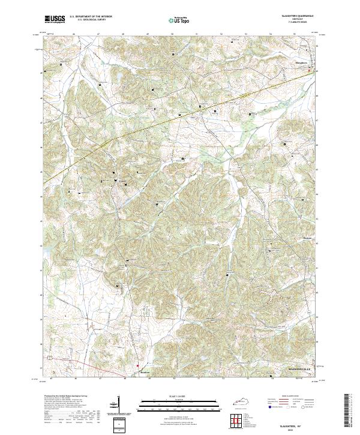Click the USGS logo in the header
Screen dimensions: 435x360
click(x=55, y=19)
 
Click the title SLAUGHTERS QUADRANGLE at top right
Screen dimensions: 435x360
click(x=296, y=16)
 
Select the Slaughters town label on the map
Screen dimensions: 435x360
click(x=301, y=62)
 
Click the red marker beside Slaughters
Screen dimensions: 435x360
click(x=310, y=70)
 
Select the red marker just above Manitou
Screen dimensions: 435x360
click(x=137, y=364)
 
